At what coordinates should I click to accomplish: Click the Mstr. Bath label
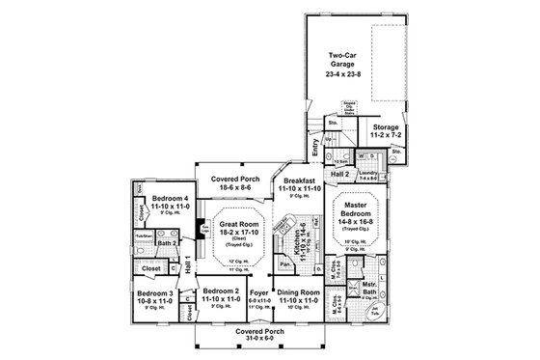(x=368, y=287)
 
